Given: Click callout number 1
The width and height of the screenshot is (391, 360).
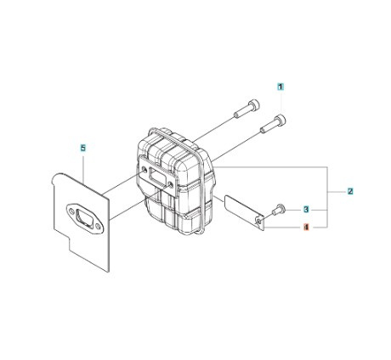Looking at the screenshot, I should point(280,87).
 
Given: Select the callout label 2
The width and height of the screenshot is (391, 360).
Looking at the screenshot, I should point(350,193).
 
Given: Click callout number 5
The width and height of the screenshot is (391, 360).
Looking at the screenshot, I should point(82,148).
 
